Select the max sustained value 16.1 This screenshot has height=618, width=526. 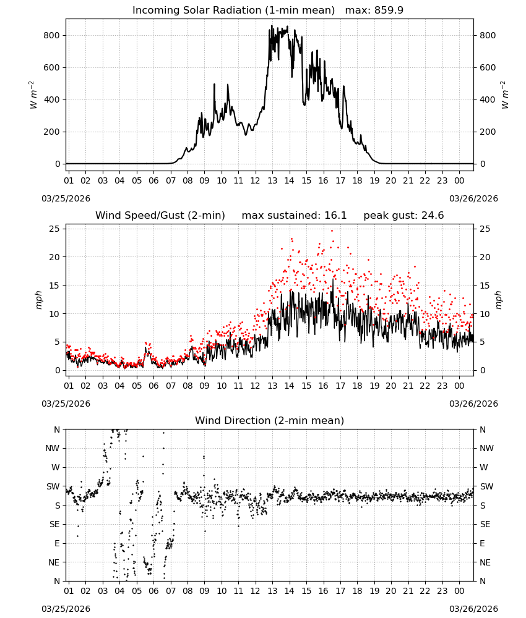pyautogui.click(x=335, y=215)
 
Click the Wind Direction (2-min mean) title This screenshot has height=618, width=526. pyautogui.click(x=270, y=420)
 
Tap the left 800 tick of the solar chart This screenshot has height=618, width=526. pyautogui.click(x=52, y=35)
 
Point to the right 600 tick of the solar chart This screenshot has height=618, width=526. pyautogui.click(x=488, y=67)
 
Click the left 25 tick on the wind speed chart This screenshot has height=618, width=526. pyautogui.click(x=54, y=229)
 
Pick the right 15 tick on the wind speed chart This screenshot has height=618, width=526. pyautogui.click(x=485, y=286)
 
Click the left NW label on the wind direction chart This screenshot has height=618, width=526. pyautogui.click(x=53, y=448)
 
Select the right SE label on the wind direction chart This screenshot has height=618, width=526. pyautogui.click(x=485, y=524)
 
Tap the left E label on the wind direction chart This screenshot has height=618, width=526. pyautogui.click(x=57, y=543)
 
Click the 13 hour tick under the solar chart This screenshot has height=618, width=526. pyautogui.click(x=273, y=180)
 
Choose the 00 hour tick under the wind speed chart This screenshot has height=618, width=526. pyautogui.click(x=459, y=386)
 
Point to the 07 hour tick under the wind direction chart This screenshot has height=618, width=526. pyautogui.click(x=171, y=591)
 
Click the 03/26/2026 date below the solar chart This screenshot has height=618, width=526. pyautogui.click(x=473, y=198)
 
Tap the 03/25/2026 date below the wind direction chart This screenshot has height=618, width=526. pyautogui.click(x=66, y=609)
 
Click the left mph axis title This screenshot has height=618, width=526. pyautogui.click(x=38, y=300)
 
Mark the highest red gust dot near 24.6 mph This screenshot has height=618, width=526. pyautogui.click(x=332, y=231)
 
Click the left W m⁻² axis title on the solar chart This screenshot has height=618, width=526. pyautogui.click(x=33, y=95)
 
